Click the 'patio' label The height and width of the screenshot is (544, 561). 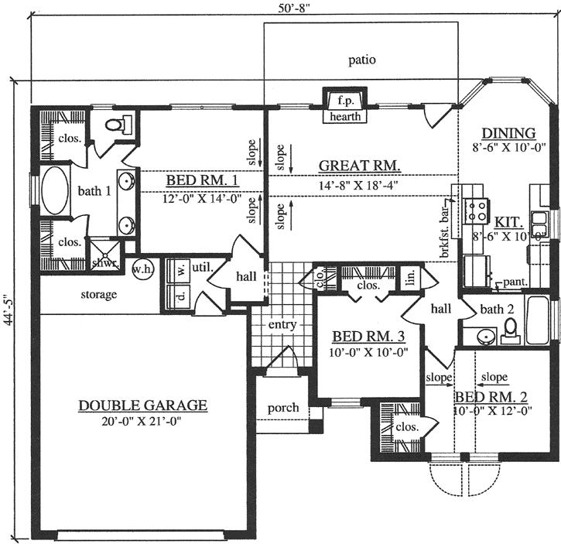click(x=361, y=60)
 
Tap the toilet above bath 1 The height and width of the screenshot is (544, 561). click(x=114, y=125)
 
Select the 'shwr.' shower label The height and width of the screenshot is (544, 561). click(x=103, y=263)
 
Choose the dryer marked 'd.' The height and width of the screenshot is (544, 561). click(x=181, y=295)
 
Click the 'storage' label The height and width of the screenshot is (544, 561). click(x=98, y=295)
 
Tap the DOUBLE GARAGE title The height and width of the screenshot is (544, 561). click(x=142, y=405)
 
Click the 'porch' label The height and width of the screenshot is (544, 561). click(x=282, y=408)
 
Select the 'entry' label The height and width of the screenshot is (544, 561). click(x=282, y=325)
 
